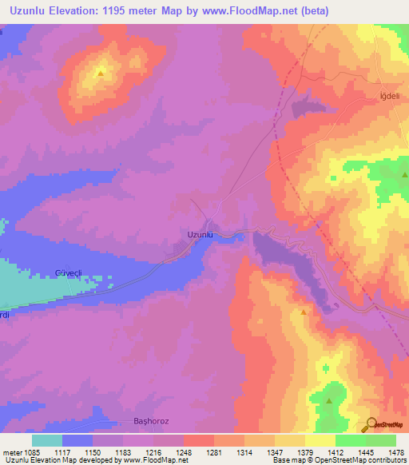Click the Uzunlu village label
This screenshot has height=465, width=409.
[x=200, y=234]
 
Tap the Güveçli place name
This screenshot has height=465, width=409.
[x=69, y=272]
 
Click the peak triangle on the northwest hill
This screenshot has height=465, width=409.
[x=101, y=73]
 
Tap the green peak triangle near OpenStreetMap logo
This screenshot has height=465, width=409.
[x=329, y=401]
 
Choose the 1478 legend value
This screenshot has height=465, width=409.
[x=385, y=451]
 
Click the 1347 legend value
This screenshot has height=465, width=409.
[x=274, y=451]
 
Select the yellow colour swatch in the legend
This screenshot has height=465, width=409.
[x=320, y=440]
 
